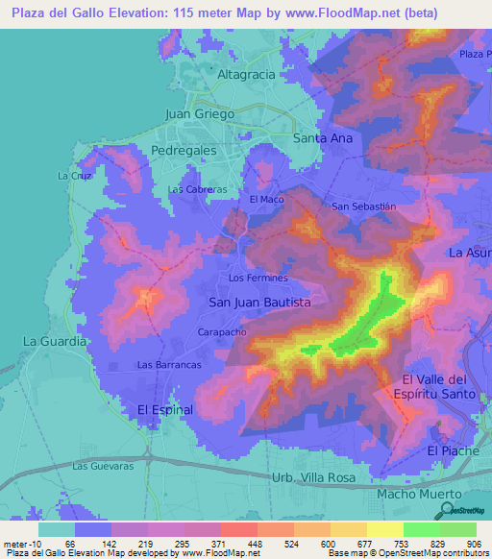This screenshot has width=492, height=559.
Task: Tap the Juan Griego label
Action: pos(200,113)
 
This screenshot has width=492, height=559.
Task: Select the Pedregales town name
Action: pos(184,151)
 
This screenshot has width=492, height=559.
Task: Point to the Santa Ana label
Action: pos(323,138)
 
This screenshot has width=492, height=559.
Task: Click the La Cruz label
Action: pos(73,176)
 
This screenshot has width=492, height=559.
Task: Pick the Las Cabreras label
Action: pos(197,189)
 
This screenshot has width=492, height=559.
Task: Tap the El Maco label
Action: pos(267,200)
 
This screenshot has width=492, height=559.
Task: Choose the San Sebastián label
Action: pos(363,207)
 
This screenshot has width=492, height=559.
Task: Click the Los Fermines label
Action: pos(258,279)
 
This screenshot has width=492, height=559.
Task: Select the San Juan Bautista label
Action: pos(259,302)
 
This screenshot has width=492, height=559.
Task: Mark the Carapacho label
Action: pos(224,330)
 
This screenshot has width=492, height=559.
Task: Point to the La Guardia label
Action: pos(55,341)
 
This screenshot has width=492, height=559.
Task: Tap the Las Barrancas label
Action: pos(169,365)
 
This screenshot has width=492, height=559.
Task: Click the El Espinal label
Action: pos(165,409)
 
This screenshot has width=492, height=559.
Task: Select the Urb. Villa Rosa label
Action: pos(313,477)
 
